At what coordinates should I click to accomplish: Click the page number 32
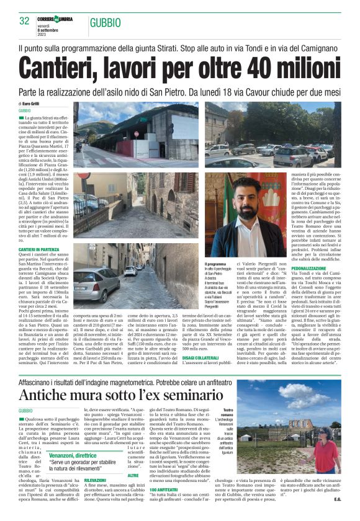pyautogui.click(x=25, y=21)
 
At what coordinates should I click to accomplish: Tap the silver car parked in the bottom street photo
pyautogui.click(x=96, y=283)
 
